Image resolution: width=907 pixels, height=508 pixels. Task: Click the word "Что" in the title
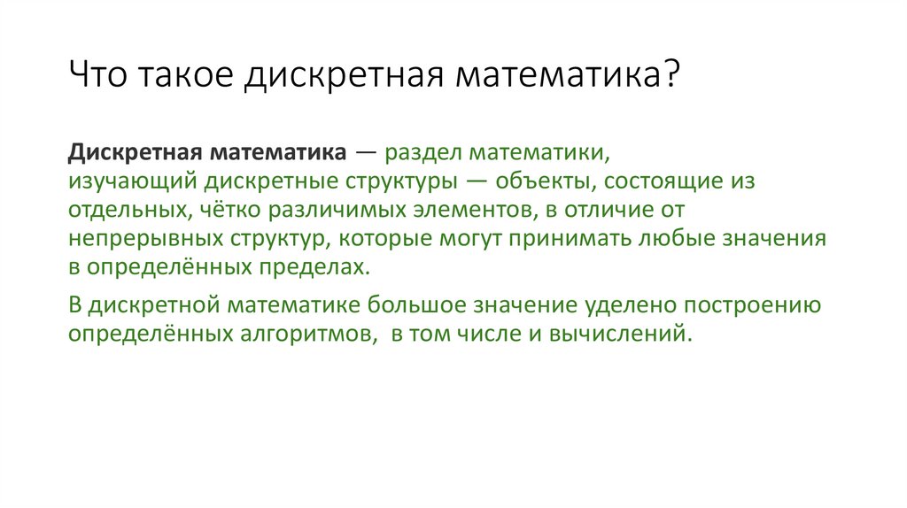coord(98,75)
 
